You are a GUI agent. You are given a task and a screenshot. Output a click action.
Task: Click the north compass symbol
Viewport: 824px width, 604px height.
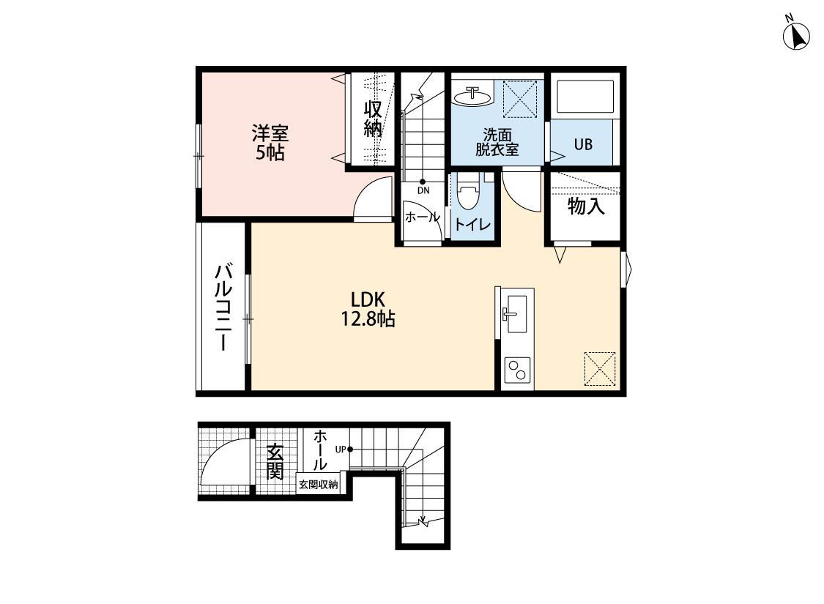click(x=795, y=34)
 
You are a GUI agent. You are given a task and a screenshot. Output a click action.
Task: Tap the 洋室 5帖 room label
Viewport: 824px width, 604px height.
click(x=270, y=143)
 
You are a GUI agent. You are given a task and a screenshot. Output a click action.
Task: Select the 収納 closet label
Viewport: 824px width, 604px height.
click(x=373, y=119)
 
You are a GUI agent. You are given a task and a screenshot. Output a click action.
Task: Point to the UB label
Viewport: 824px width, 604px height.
click(x=582, y=144)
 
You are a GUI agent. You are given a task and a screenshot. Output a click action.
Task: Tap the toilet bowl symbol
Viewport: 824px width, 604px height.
click(x=467, y=195)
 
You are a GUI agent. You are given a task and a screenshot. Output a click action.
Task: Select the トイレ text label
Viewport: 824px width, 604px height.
click(x=472, y=225)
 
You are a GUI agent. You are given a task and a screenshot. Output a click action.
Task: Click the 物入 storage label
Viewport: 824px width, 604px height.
click(x=586, y=207)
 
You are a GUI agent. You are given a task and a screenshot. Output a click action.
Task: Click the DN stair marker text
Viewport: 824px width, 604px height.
click(x=423, y=190)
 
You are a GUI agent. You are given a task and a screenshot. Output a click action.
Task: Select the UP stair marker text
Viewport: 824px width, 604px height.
click(x=341, y=449)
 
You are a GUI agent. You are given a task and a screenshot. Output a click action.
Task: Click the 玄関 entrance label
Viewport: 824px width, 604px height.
click(x=275, y=461)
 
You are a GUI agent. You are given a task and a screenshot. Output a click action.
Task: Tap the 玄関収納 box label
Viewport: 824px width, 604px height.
click(x=319, y=484)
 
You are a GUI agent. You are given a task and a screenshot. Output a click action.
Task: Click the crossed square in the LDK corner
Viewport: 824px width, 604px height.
click(x=600, y=368)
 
